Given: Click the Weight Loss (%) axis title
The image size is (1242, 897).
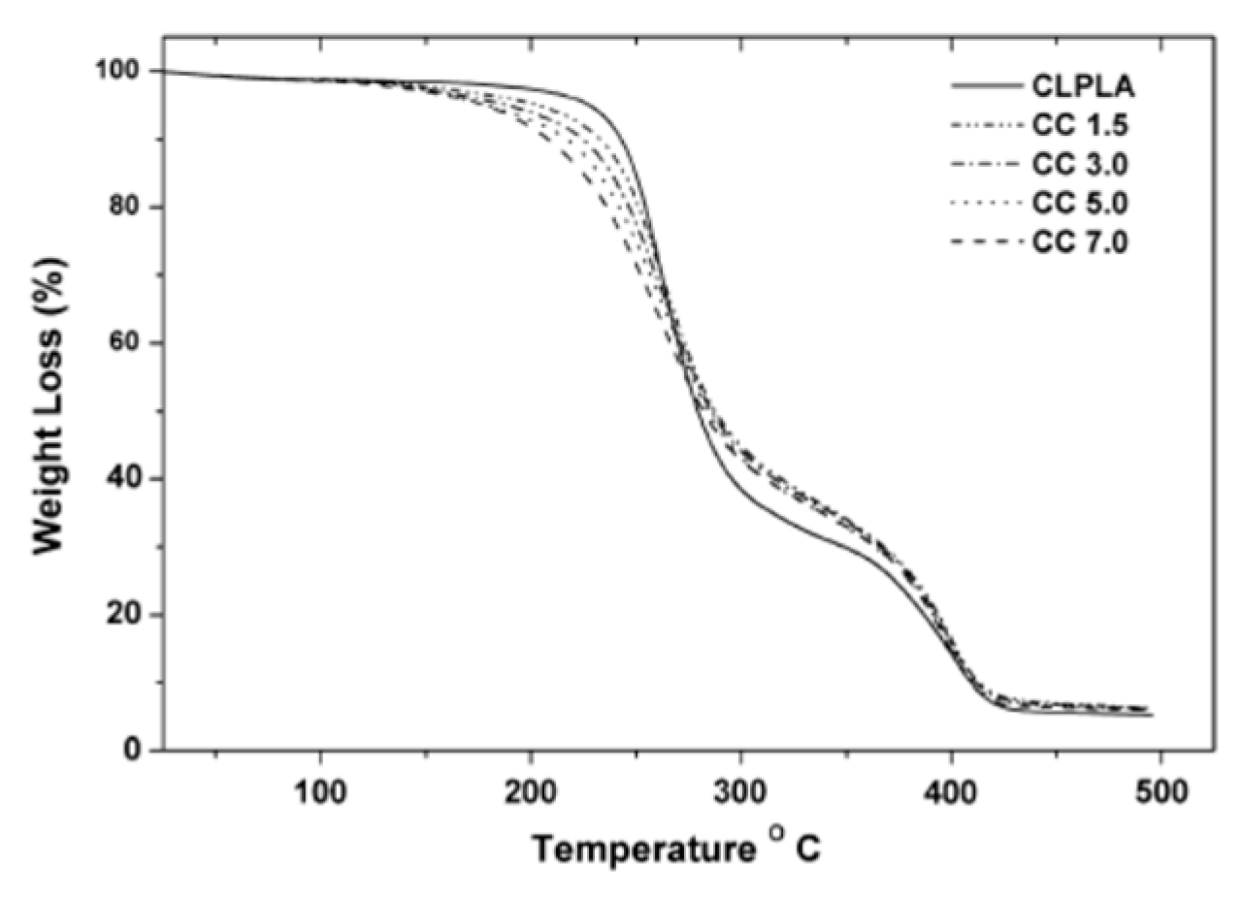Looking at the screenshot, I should (49, 405).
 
